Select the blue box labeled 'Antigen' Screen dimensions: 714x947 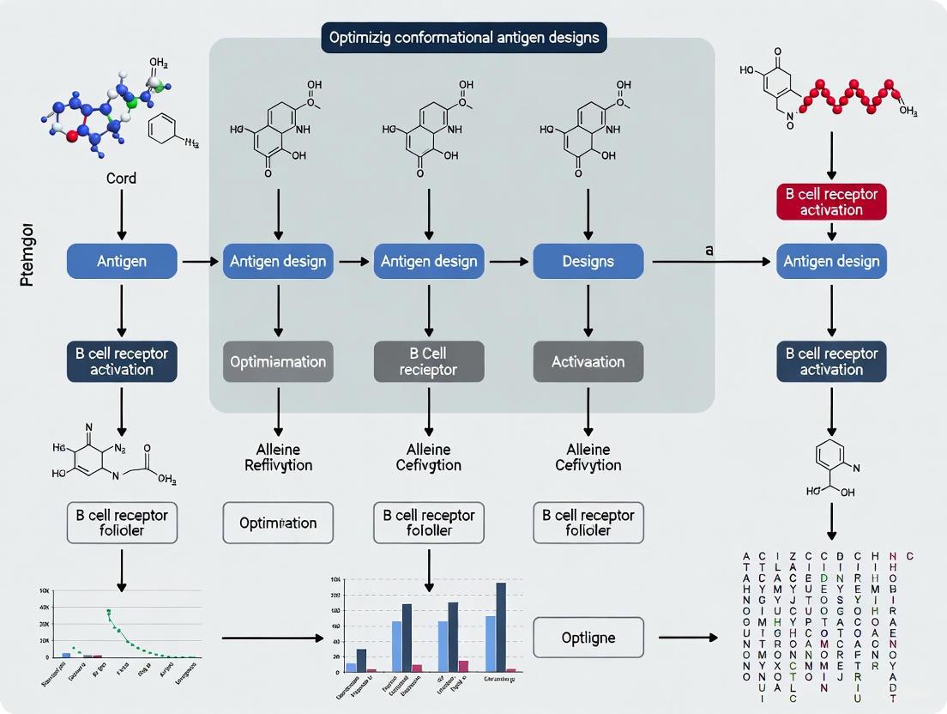(122, 260)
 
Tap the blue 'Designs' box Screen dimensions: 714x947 (588, 260)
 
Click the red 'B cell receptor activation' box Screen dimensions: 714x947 (830, 202)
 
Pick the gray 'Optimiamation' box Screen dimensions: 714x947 (278, 361)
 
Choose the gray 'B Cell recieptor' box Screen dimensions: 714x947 (429, 361)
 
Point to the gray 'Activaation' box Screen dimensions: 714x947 (588, 361)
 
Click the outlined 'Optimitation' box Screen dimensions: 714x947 (278, 523)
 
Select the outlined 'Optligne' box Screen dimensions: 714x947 (588, 638)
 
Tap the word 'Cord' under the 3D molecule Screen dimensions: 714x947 (121, 178)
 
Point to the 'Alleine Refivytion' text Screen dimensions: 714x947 (278, 457)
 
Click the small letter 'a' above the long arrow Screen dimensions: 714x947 (709, 250)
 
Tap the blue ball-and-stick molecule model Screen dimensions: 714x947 (94, 116)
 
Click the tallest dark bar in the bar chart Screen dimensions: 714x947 (501, 626)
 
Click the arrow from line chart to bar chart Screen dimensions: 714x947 (273, 638)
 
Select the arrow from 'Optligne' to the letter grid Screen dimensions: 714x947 (687, 638)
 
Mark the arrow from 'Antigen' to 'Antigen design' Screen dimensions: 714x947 (200, 260)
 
